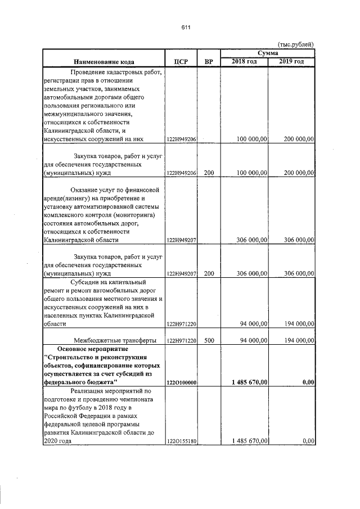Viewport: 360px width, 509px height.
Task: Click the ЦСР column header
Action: click(x=181, y=61)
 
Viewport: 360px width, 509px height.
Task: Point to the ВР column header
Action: click(x=209, y=61)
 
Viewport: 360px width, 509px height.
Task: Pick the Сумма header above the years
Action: click(x=267, y=52)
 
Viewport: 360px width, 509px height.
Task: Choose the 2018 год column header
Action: click(x=244, y=61)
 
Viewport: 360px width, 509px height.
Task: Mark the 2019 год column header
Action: click(x=291, y=61)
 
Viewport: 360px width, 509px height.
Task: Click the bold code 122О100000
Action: click(x=181, y=382)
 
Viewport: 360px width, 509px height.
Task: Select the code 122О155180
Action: click(x=181, y=442)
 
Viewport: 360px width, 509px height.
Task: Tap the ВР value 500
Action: click(x=209, y=340)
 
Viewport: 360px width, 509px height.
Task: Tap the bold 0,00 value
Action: click(x=307, y=382)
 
